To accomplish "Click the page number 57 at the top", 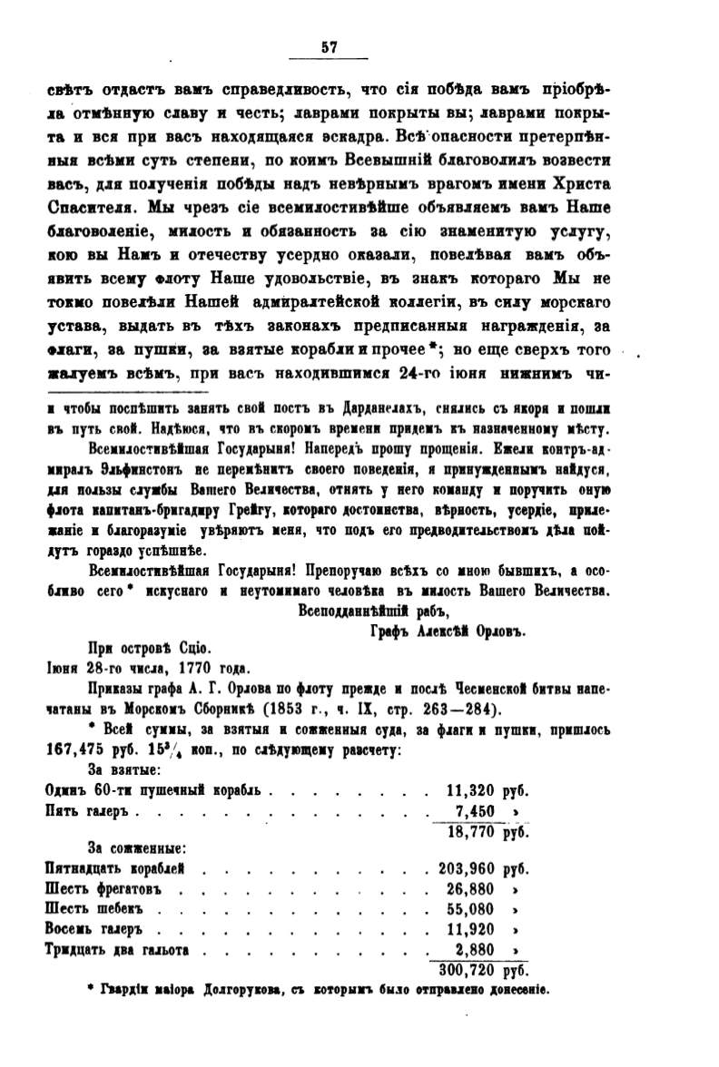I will click(328, 49).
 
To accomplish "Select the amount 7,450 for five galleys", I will click(478, 810).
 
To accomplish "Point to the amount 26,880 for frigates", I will click(477, 888).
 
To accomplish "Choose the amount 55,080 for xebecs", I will click(477, 908).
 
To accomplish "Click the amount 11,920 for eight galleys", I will click(477, 929).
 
